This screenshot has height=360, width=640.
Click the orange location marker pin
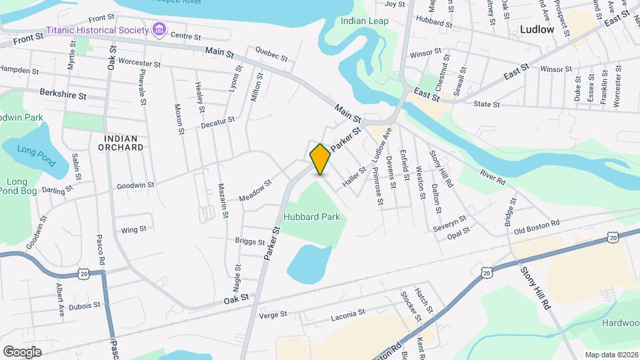(320, 159)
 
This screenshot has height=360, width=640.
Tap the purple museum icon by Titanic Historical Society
(159, 29)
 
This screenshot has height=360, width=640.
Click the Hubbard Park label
(311, 217)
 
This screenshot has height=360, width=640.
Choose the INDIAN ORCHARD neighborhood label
(120, 141)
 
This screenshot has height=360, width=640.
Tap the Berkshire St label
(63, 95)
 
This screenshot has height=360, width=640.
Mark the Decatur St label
(218, 123)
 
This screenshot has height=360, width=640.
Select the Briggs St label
(250, 241)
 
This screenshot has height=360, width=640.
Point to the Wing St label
(133, 230)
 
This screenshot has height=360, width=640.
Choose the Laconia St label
(348, 312)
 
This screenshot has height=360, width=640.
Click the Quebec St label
(271, 54)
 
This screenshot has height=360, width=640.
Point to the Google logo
(22, 351)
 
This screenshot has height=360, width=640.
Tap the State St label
(486, 104)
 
